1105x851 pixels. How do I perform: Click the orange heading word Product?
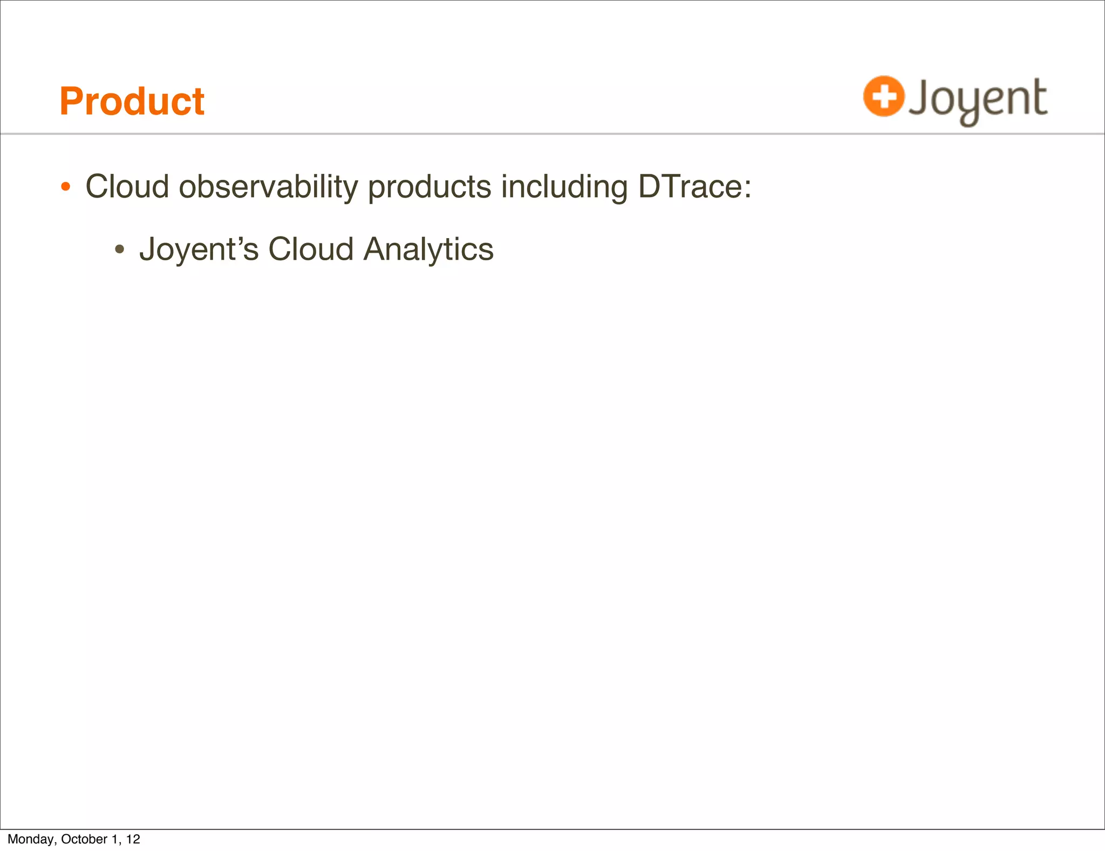(132, 102)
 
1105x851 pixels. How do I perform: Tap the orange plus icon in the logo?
(883, 97)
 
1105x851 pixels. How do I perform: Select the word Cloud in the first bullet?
(127, 187)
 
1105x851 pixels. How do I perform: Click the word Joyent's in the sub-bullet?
(199, 250)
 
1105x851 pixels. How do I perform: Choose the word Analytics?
(428, 250)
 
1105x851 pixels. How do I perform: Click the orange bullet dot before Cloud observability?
(65, 187)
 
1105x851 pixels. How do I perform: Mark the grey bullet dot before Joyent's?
(120, 250)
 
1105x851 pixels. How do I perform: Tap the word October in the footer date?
(84, 839)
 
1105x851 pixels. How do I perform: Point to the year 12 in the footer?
(133, 839)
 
